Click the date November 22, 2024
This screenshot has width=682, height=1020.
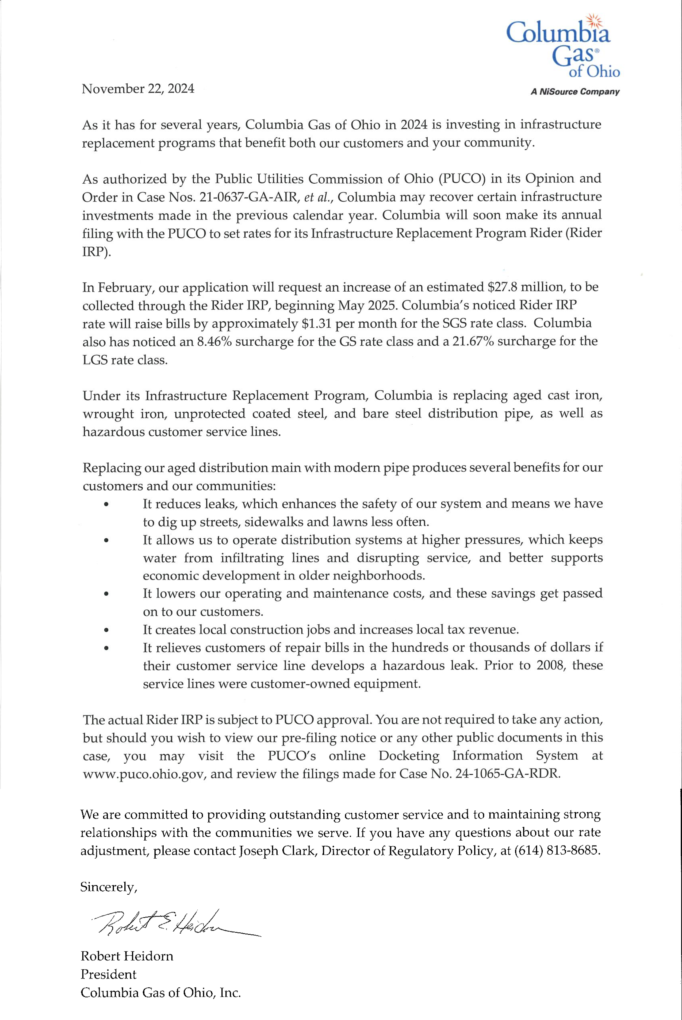[x=138, y=89]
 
